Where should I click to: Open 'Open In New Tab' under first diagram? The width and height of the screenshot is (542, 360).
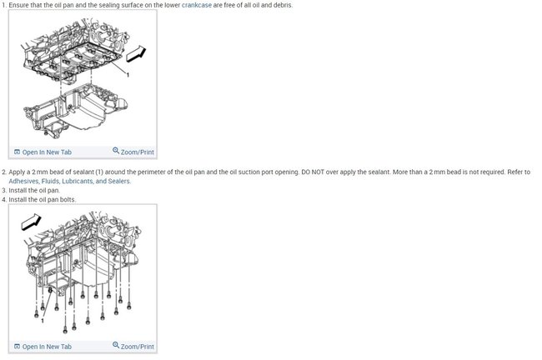47,152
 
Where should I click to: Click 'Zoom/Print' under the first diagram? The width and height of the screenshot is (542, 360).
138,152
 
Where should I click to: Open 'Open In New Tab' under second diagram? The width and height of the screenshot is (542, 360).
47,347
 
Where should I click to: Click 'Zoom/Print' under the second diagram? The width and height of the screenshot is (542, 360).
138,347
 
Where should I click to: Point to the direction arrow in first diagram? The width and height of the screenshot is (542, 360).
135,55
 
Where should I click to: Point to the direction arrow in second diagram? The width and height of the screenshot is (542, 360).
31,220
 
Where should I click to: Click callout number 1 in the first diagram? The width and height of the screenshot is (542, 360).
128,75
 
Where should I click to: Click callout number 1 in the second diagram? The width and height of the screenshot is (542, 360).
43,320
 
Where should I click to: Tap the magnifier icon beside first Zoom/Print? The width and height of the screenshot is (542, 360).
116,152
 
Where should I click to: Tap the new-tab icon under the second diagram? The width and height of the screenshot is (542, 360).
17,347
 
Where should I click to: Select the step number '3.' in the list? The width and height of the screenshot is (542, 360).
4,190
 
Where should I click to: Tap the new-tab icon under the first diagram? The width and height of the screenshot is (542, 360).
17,152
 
